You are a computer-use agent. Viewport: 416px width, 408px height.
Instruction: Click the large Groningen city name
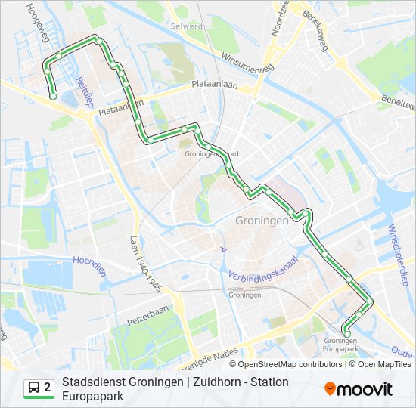[x=262, y=221]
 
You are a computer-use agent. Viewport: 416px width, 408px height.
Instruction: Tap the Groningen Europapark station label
[x=340, y=345]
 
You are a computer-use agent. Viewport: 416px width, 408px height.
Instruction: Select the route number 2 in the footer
[x=47, y=388]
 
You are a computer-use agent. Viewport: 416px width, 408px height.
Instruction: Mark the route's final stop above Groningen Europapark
[x=346, y=329]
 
